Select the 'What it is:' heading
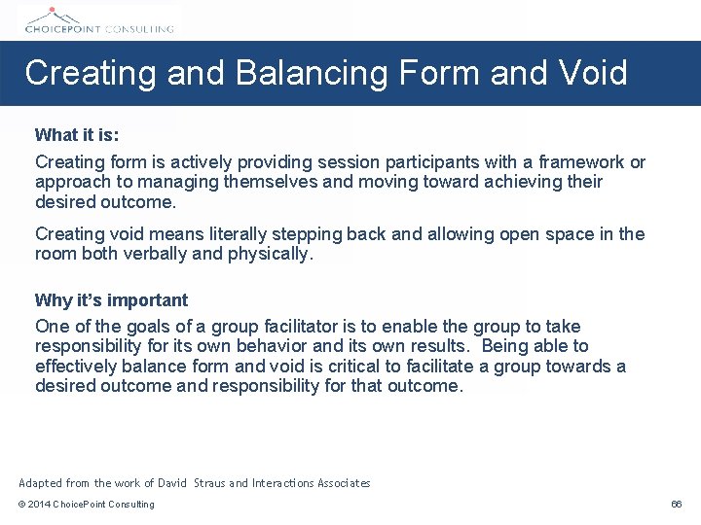(x=77, y=135)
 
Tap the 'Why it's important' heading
(x=111, y=300)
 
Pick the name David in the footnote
(x=172, y=483)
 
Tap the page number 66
(x=677, y=505)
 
